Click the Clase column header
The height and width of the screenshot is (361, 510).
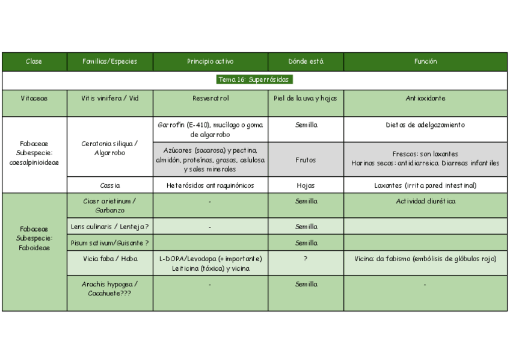click(34, 61)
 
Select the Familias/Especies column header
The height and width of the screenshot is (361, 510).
click(109, 61)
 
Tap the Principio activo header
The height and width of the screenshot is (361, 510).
click(210, 61)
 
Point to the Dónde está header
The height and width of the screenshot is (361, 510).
click(306, 61)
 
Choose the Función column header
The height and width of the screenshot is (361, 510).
click(425, 61)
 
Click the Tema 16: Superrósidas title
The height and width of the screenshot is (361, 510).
click(254, 79)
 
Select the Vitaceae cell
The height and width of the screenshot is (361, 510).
click(34, 98)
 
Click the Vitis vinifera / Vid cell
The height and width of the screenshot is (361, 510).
click(109, 98)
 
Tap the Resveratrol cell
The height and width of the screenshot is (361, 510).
click(210, 98)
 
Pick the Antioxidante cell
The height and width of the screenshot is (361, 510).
click(425, 98)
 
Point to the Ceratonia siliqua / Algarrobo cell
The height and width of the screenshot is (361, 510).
click(109, 148)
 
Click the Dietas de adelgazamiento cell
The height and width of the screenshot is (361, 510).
click(425, 125)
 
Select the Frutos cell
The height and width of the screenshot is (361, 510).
click(306, 160)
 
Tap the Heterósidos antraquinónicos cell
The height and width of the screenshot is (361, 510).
click(210, 185)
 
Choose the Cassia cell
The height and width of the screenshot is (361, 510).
click(109, 185)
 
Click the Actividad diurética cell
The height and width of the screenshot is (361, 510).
click(425, 201)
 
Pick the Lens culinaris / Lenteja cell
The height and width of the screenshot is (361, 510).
click(109, 227)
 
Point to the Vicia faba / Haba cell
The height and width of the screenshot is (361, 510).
click(109, 259)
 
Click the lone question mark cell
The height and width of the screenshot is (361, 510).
click(306, 259)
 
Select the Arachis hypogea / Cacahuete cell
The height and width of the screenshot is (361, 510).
click(109, 288)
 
